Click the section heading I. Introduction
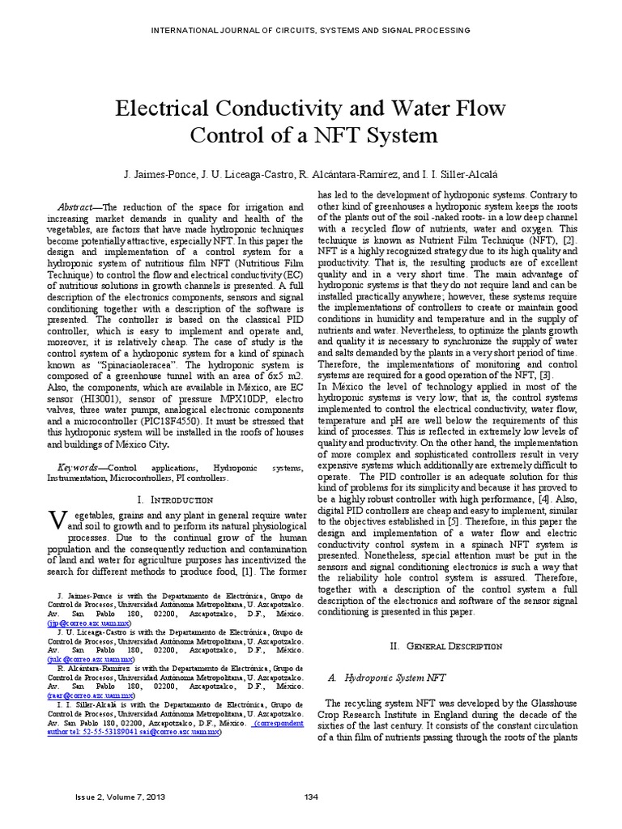pyautogui.click(x=176, y=500)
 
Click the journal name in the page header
pyautogui.click(x=311, y=30)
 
